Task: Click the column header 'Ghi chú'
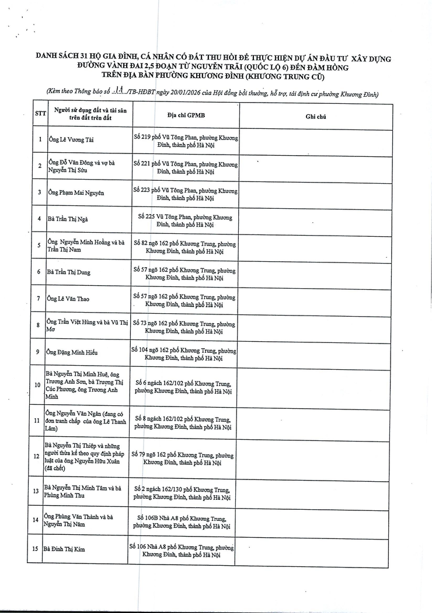tap(315, 117)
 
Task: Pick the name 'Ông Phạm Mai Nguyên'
tap(76, 192)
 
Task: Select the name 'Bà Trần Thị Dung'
tap(69, 272)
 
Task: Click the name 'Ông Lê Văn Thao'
tap(69, 299)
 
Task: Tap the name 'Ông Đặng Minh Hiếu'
tap(72, 353)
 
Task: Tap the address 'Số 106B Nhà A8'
tap(183, 521)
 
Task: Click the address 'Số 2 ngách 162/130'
tap(183, 493)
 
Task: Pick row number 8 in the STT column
tap(38, 325)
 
